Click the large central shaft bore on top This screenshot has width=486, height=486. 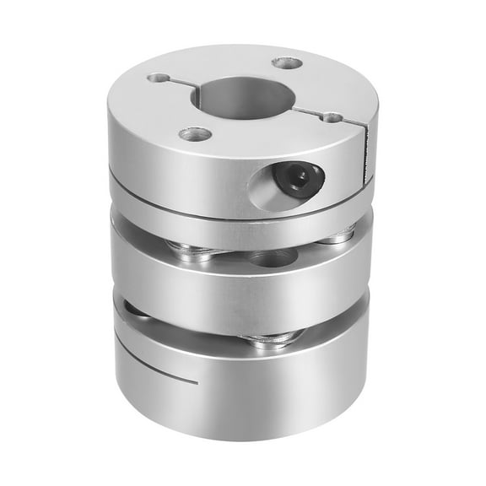(243, 97)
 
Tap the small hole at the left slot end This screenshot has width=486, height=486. (159, 78)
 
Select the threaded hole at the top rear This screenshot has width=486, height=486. (287, 62)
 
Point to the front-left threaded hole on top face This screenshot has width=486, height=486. (196, 133)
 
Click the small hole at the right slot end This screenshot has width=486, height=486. (333, 117)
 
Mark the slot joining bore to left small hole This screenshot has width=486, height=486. (179, 84)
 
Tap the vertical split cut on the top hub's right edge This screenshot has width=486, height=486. (366, 156)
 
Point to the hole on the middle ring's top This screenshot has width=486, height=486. (272, 257)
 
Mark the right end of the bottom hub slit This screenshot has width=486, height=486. (197, 381)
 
